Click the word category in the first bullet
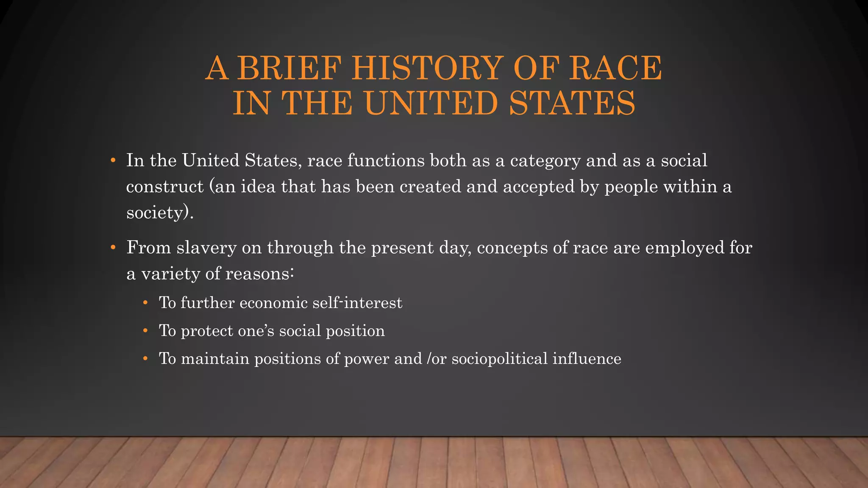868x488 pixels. point(545,161)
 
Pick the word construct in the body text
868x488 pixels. point(165,187)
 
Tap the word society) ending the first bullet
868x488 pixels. point(160,213)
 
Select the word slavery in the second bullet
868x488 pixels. point(206,248)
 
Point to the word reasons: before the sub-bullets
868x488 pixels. point(260,274)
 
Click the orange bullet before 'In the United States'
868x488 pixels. point(113,161)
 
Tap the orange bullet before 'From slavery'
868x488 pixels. point(113,247)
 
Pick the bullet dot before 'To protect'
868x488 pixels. point(145,330)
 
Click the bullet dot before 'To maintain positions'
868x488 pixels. point(145,359)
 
